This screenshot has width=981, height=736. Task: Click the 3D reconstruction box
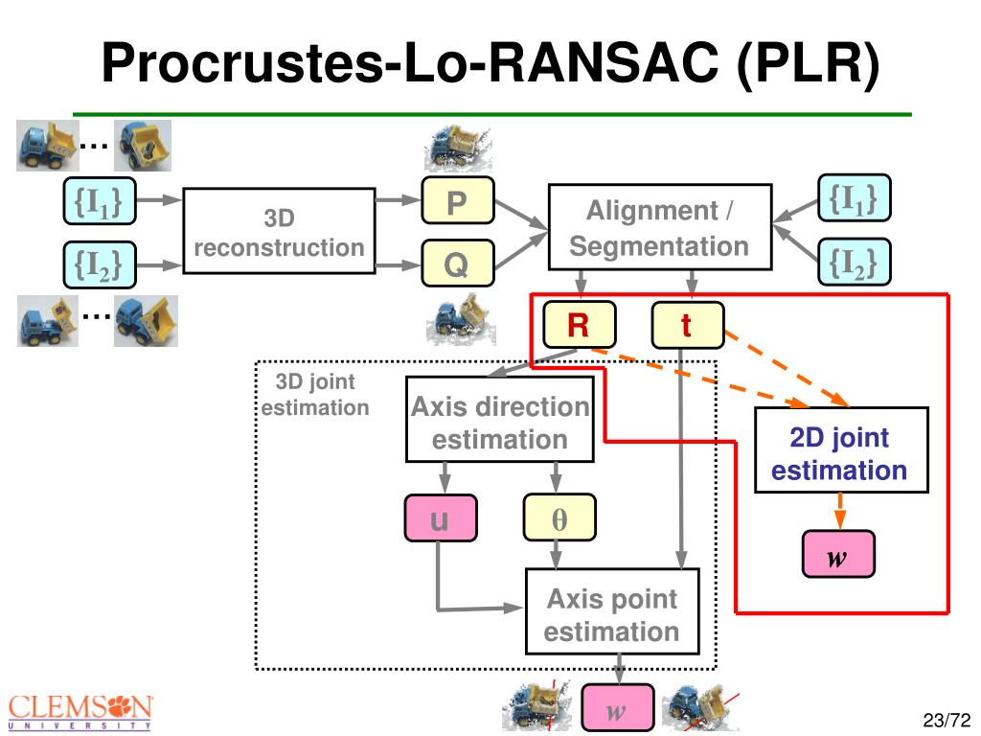(279, 231)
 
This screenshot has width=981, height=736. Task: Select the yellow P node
(458, 201)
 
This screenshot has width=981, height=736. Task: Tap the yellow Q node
(458, 263)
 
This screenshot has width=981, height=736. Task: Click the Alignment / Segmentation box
(660, 227)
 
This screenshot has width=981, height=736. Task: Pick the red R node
(580, 325)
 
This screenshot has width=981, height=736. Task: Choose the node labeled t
(688, 325)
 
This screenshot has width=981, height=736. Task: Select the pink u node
(441, 518)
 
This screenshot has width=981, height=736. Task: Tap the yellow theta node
(559, 518)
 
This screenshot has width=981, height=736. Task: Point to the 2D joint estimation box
(841, 450)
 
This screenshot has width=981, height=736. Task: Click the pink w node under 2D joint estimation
(838, 554)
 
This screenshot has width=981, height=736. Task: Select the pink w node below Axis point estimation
(618, 708)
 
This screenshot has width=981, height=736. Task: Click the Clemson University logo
(80, 712)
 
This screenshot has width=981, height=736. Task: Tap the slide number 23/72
(946, 720)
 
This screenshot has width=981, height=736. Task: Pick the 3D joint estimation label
(314, 394)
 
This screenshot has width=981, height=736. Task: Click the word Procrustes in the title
(241, 62)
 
